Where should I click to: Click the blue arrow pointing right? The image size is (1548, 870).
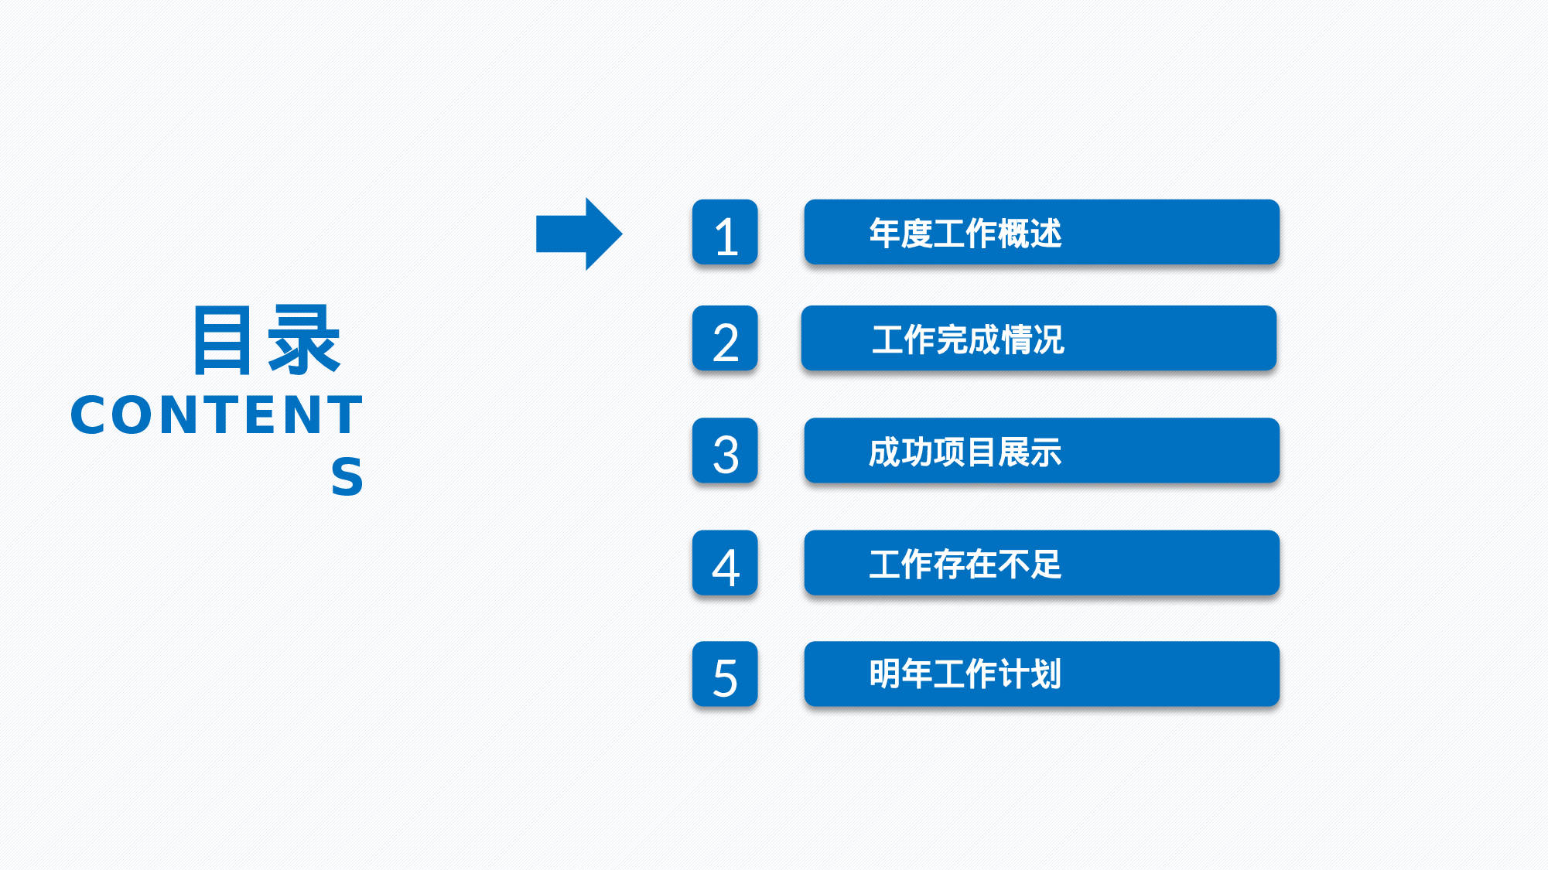(x=579, y=234)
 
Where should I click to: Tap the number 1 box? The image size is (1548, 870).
(x=725, y=233)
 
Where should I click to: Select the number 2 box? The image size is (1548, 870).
(x=725, y=339)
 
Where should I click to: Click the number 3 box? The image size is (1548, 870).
(x=725, y=451)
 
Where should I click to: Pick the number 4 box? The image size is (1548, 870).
(x=725, y=563)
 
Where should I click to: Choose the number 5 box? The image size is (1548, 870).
(x=725, y=674)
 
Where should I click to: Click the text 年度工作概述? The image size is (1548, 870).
(x=965, y=233)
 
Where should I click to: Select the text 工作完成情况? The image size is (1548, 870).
(x=968, y=339)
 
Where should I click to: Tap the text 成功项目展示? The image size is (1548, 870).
(x=965, y=452)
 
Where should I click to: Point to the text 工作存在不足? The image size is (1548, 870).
(x=965, y=564)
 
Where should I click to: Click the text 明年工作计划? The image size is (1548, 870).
(x=965, y=674)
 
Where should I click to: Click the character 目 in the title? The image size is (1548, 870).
(x=223, y=340)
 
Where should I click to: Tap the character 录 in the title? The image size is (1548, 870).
(x=303, y=340)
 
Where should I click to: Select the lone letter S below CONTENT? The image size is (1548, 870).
(x=347, y=476)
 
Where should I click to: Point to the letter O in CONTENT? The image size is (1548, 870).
(x=137, y=415)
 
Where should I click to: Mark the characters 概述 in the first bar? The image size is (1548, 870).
(x=1030, y=233)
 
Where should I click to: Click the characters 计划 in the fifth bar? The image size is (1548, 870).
(x=1030, y=674)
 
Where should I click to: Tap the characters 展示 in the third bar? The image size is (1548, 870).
(x=1030, y=452)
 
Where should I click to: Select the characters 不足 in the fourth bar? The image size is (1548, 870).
(x=1030, y=564)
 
